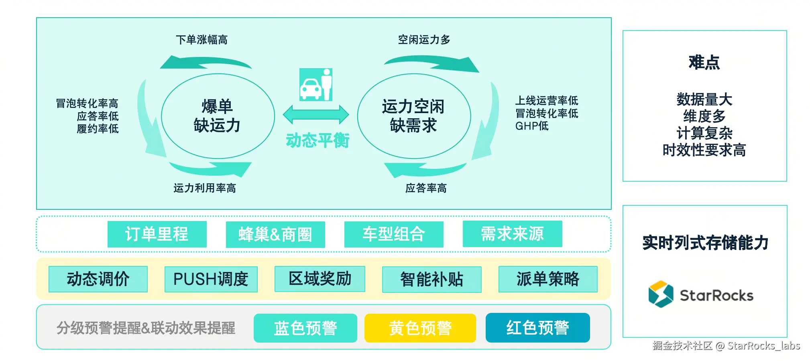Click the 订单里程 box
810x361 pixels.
pos(157,234)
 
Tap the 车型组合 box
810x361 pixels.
pos(394,234)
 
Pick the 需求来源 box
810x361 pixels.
pos(512,234)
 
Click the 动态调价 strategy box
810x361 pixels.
pos(98,279)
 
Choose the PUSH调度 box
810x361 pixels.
pos(211,279)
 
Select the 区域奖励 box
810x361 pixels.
pos(320,279)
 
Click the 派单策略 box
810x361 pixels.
pos(548,279)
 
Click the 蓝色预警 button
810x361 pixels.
pos(305,328)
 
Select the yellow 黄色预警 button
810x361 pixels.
pos(420,328)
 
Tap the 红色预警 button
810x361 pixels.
pos(537,328)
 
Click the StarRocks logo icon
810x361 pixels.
pos(661,294)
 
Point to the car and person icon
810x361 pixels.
pos(316,85)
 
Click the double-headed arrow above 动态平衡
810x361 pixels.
pos(316,115)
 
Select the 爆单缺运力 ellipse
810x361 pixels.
pos(218,116)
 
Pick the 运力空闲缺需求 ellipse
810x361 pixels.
pos(414,116)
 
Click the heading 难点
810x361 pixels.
pos(704,63)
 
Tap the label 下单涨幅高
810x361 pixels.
pos(201,40)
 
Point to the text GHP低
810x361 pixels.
pos(532,126)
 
